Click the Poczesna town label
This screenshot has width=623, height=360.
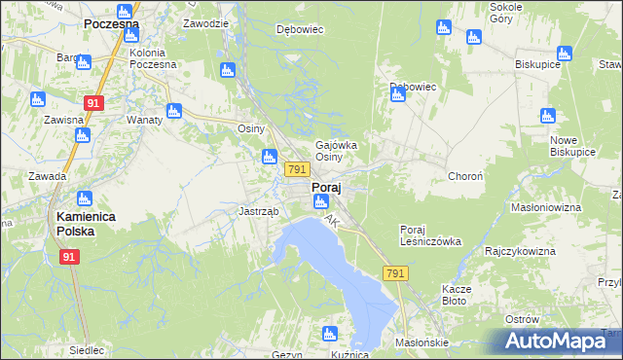pyautogui.click(x=111, y=23)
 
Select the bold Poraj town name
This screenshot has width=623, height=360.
pyautogui.click(x=325, y=187)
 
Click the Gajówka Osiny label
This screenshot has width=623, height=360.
pyautogui.click(x=337, y=151)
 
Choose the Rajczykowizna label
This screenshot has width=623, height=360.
pyautogui.click(x=520, y=251)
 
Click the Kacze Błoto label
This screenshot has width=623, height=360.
pyautogui.click(x=456, y=295)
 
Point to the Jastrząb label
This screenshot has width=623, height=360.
pyautogui.click(x=259, y=211)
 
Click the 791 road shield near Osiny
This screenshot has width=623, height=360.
pyautogui.click(x=298, y=169)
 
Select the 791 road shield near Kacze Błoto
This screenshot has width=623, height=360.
pyautogui.click(x=394, y=274)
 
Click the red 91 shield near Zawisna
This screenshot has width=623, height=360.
pyautogui.click(x=94, y=101)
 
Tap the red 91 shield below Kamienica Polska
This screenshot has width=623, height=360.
pyautogui.click(x=69, y=257)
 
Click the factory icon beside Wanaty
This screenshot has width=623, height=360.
pyautogui.click(x=174, y=111)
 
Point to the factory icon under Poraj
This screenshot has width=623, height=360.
pyautogui.click(x=320, y=201)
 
